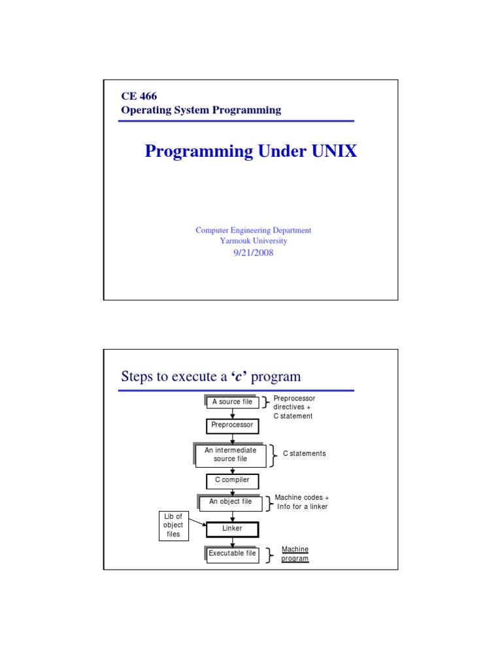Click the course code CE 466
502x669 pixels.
139,97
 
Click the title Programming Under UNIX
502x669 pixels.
251,152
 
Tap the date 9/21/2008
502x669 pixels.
253,253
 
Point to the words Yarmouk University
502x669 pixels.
253,240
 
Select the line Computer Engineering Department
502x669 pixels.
253,230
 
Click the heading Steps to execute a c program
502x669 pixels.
211,377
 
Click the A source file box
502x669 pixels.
232,402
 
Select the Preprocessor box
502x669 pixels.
232,425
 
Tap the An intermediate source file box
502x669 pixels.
230,455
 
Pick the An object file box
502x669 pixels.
230,502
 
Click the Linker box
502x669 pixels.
232,529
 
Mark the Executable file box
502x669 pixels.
232,554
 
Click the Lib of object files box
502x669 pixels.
173,525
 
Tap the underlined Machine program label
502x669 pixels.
295,554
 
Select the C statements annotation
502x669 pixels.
304,453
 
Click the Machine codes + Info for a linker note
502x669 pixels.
302,502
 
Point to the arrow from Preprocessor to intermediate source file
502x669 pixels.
232,440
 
